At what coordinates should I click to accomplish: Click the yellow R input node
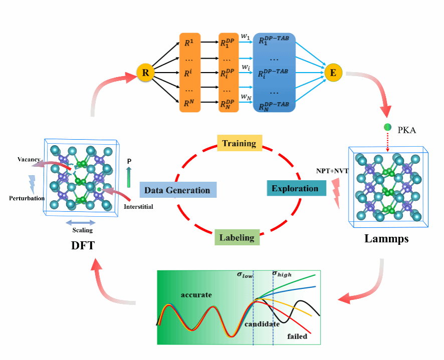(x=145, y=73)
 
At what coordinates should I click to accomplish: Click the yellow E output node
(x=333, y=73)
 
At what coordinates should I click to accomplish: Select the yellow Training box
(x=239, y=143)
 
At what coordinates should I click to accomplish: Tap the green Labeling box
(x=237, y=237)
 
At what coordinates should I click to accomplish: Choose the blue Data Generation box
(x=177, y=190)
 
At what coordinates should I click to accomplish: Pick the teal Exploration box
(x=295, y=188)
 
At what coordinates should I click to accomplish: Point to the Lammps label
(x=386, y=239)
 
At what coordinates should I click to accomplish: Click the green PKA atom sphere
(x=387, y=127)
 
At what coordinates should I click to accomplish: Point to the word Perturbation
(x=27, y=198)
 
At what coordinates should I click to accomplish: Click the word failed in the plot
(x=297, y=336)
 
